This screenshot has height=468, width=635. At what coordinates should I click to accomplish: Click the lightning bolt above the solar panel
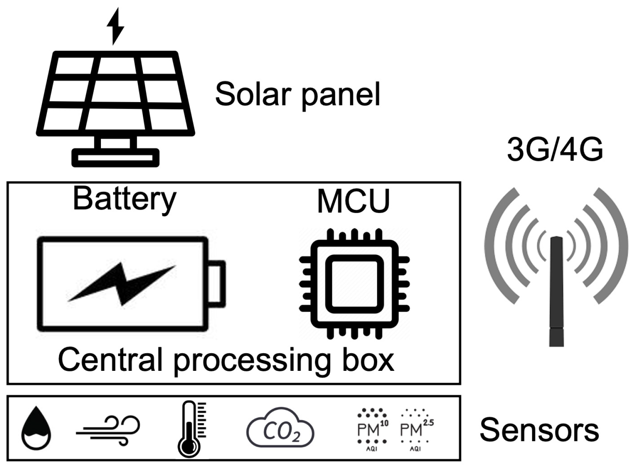[x=115, y=26]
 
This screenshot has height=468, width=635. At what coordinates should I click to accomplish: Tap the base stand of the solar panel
[x=115, y=157]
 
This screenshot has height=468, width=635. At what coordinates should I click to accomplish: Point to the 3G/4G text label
[x=555, y=149]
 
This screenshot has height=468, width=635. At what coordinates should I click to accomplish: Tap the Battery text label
[x=124, y=199]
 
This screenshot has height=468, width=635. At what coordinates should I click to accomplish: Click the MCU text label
[x=353, y=201]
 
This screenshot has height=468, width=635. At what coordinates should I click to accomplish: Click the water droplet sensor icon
[x=36, y=428]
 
